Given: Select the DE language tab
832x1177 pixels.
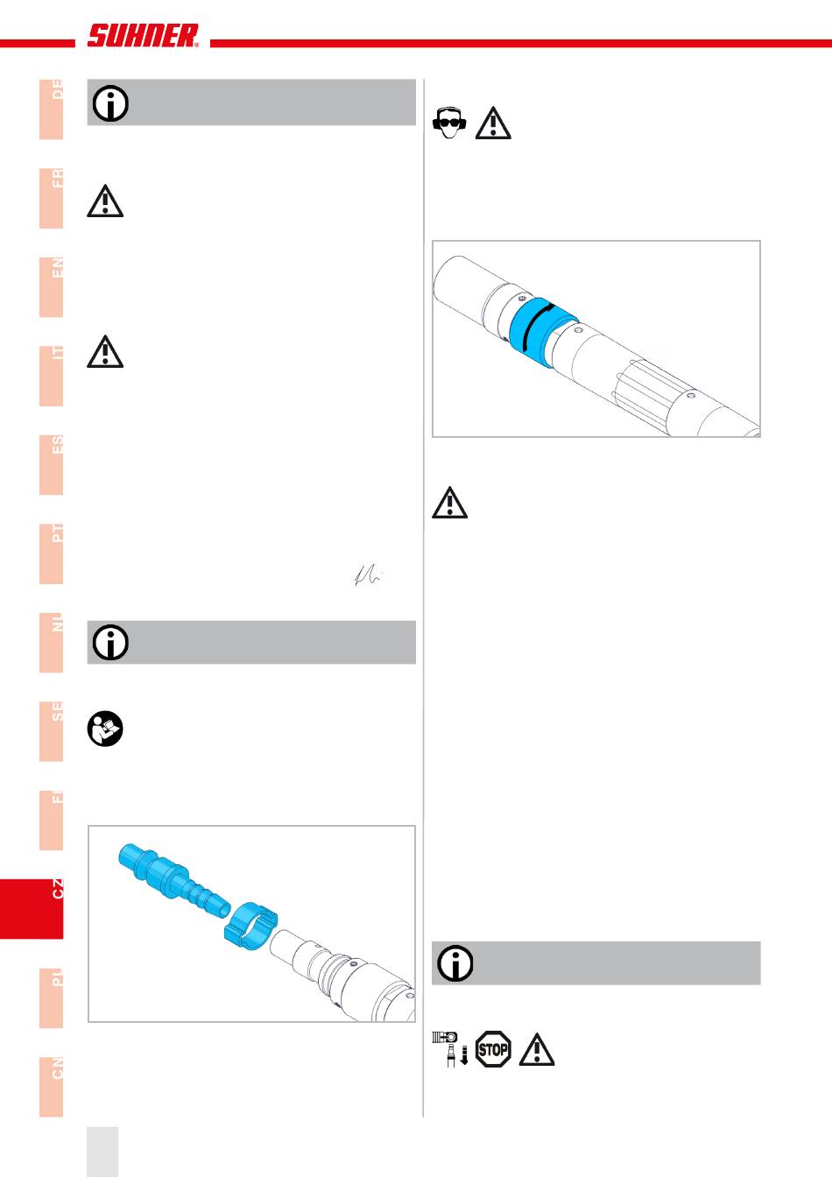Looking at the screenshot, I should coord(52,109).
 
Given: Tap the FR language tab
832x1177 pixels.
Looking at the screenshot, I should coord(52,198).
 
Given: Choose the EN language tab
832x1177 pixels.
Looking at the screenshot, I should coord(52,286).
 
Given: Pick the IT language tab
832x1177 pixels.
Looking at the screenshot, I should coord(52,376).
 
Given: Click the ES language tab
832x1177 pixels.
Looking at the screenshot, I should coord(52,464).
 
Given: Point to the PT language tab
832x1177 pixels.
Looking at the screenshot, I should coord(52,553).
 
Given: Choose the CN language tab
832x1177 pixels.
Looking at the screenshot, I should coord(52,1087).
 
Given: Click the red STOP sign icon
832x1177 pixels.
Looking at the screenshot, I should coord(493,1048).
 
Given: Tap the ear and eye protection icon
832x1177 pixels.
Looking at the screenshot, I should coord(449,123).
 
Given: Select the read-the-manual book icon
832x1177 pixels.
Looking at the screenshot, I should coord(106,729).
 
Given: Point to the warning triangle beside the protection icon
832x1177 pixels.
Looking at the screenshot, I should coord(493,123).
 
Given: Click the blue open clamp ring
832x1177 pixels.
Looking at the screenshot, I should coord(250,925).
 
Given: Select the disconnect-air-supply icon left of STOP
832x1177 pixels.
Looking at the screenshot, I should coord(451,1048).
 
